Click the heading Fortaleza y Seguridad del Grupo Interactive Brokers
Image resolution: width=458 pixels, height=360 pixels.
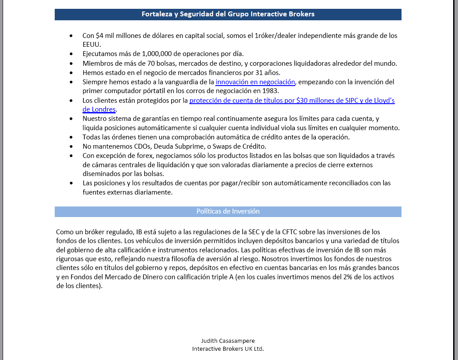tap(228, 14)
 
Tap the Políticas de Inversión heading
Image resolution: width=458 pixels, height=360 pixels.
tap(228, 211)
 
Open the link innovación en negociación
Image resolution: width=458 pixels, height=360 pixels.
tap(255, 82)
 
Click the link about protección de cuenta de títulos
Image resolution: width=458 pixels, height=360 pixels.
tap(292, 101)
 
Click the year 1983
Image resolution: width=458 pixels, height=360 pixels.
tap(270, 91)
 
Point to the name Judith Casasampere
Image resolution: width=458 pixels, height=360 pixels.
tap(228, 341)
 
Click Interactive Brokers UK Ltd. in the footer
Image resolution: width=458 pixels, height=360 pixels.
tap(228, 349)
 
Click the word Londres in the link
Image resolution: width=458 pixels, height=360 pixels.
tap(103, 109)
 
